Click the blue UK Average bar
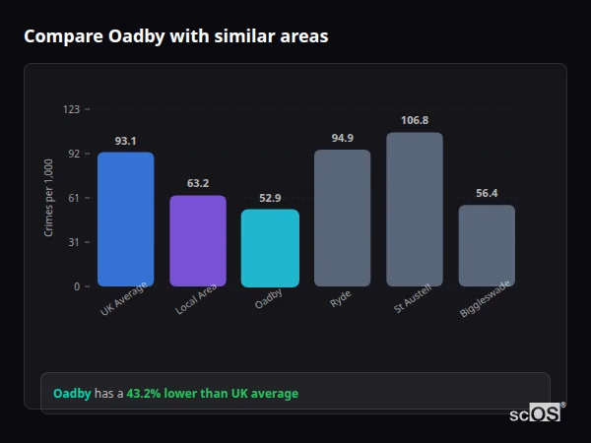[125, 219]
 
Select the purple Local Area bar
[198, 241]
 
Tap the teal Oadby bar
[270, 248]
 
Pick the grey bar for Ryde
[342, 218]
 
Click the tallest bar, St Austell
[415, 209]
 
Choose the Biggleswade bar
[487, 245]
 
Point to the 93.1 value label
[125, 141]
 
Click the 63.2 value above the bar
[198, 183]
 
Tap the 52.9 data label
[270, 198]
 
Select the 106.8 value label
[415, 120]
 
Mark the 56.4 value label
[487, 193]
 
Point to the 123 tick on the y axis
[71, 109]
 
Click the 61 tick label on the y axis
[73, 198]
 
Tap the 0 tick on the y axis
[76, 286]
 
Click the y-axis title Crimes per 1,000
[49, 198]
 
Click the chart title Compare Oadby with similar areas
[176, 36]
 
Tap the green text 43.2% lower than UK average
[212, 394]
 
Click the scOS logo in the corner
[536, 413]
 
